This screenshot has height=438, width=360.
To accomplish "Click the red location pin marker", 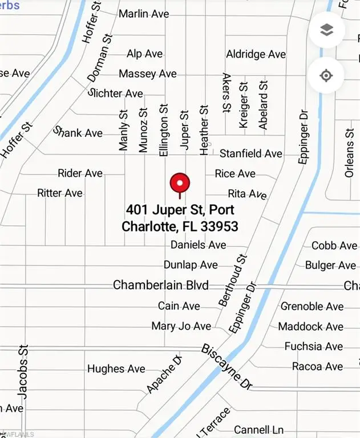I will pos(180,184).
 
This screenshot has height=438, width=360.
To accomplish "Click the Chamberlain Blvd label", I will pos(161,285).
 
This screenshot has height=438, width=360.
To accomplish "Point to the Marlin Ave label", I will pos(144,13).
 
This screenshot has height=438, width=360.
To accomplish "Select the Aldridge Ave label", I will pos(256,54).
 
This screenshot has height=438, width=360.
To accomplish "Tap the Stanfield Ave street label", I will pos(251,153).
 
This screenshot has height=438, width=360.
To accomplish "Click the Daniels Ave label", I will pos(199,245).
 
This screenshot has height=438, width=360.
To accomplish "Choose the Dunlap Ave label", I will pos(191,265).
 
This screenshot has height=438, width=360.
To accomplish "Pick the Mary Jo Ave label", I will pos(181,326).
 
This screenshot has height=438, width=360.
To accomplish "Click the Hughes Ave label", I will pos(116,369).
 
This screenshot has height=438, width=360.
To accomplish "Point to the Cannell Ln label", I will pos(259,429).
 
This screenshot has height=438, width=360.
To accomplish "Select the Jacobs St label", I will pos(23,371).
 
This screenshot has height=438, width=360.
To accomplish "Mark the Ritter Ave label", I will pos(60,193).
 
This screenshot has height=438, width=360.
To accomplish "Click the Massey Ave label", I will pos(148,74).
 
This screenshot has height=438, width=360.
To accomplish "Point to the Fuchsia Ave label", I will pos(314,346).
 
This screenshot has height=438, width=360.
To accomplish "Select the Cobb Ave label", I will pos(334,246).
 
